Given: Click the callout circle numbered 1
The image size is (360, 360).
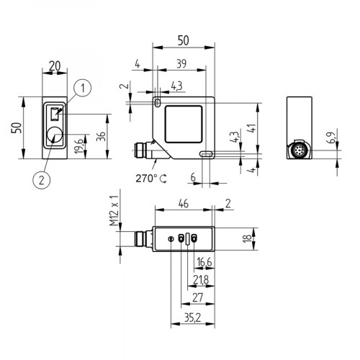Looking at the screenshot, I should tap(84, 89).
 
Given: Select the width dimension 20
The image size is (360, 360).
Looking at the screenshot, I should tap(55, 64).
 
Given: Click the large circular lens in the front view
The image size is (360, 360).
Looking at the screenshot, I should tap(55, 136).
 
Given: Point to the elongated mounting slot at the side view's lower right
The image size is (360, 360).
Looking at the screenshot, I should tap(206, 153).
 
